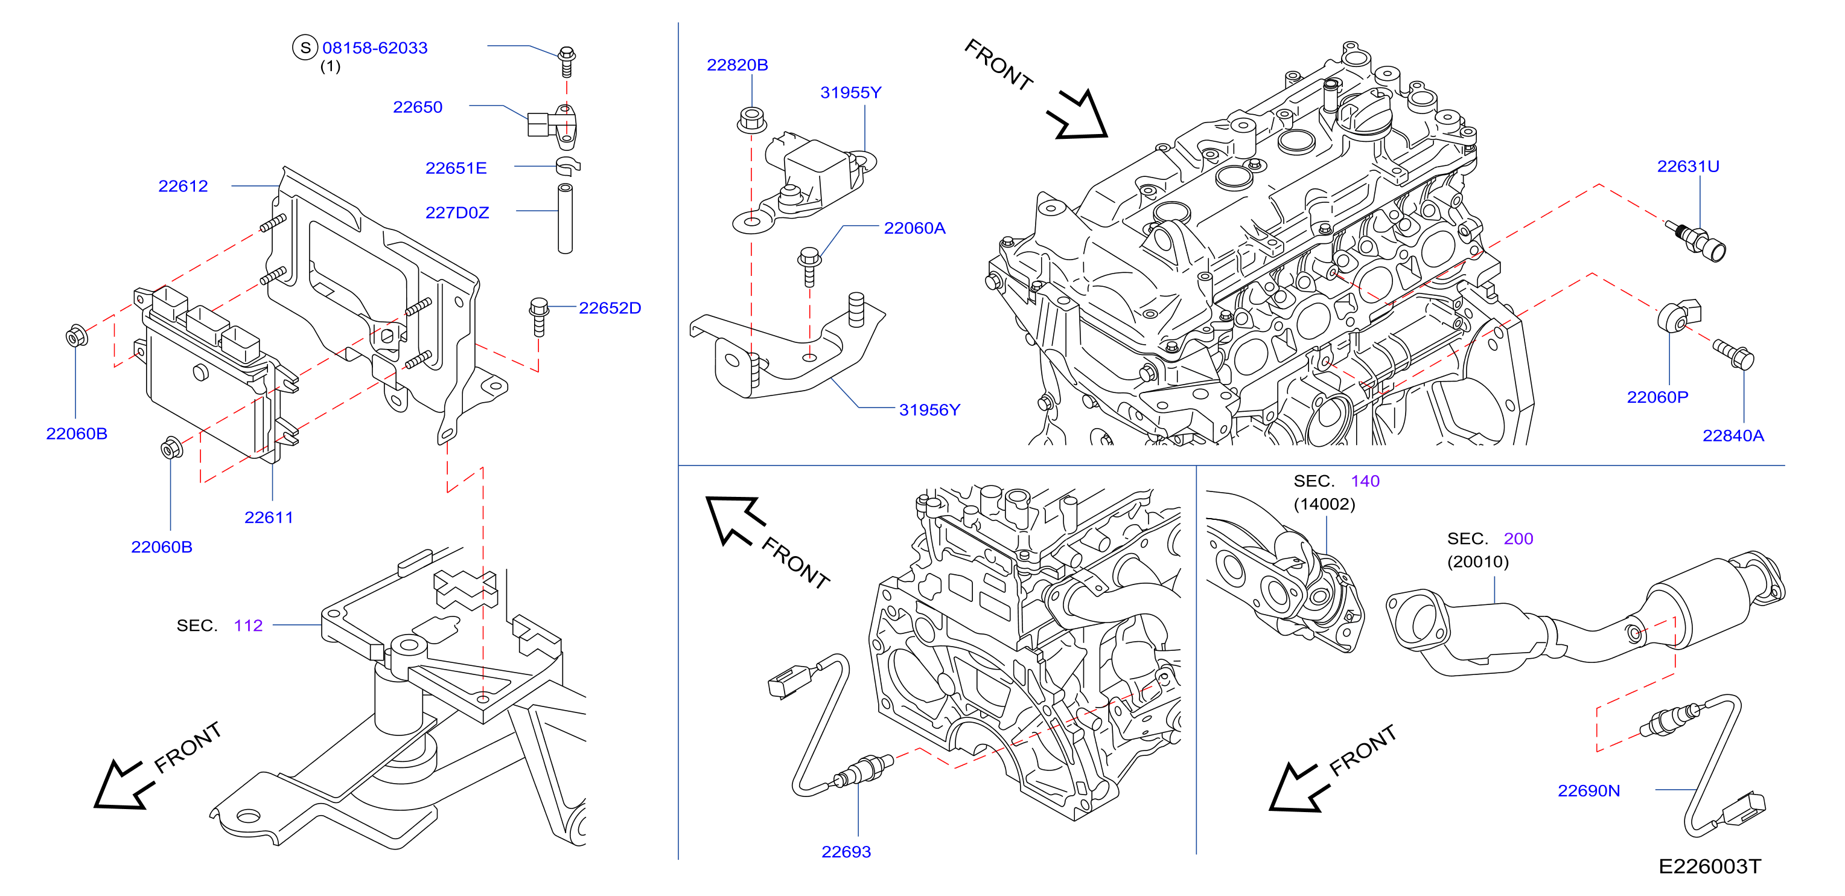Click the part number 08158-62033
(x=375, y=48)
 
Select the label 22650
(x=418, y=107)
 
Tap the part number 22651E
(x=456, y=168)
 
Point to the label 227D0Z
(x=457, y=213)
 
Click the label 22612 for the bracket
(x=183, y=186)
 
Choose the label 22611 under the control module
(x=269, y=517)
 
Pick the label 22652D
(x=610, y=308)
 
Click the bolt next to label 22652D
(x=538, y=316)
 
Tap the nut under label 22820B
(x=751, y=120)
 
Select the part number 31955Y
(x=850, y=92)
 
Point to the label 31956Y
(x=929, y=410)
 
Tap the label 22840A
(x=1733, y=435)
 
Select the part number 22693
(x=846, y=851)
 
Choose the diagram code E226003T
(x=1709, y=866)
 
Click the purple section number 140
(x=1365, y=481)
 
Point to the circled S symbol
(x=305, y=48)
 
